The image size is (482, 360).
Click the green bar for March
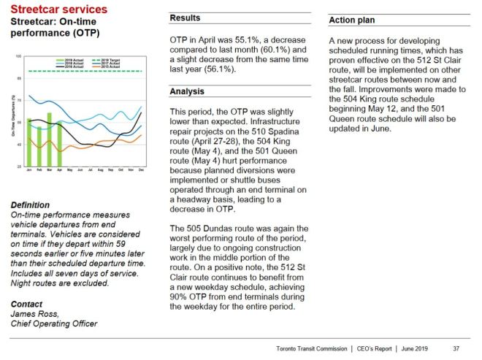pyautogui.click(x=49, y=139)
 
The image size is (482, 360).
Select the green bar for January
pyautogui.click(x=29, y=142)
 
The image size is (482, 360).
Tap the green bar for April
pyautogui.click(x=59, y=145)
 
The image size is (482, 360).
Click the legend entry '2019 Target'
pyautogui.click(x=110, y=58)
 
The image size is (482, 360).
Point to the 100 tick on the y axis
pyautogui.click(x=20, y=55)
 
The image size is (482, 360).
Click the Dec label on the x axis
pyautogui.click(x=140, y=171)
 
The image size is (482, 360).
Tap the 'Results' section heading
pyautogui.click(x=185, y=18)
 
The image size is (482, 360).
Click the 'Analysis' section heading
pyautogui.click(x=188, y=92)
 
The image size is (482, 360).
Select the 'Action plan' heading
pyautogui.click(x=353, y=20)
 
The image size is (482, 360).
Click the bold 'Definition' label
pyautogui.click(x=31, y=205)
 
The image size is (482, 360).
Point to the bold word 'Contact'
pyautogui.click(x=27, y=303)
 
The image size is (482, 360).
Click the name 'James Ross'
pyautogui.click(x=34, y=313)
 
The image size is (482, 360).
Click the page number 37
pyautogui.click(x=456, y=348)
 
